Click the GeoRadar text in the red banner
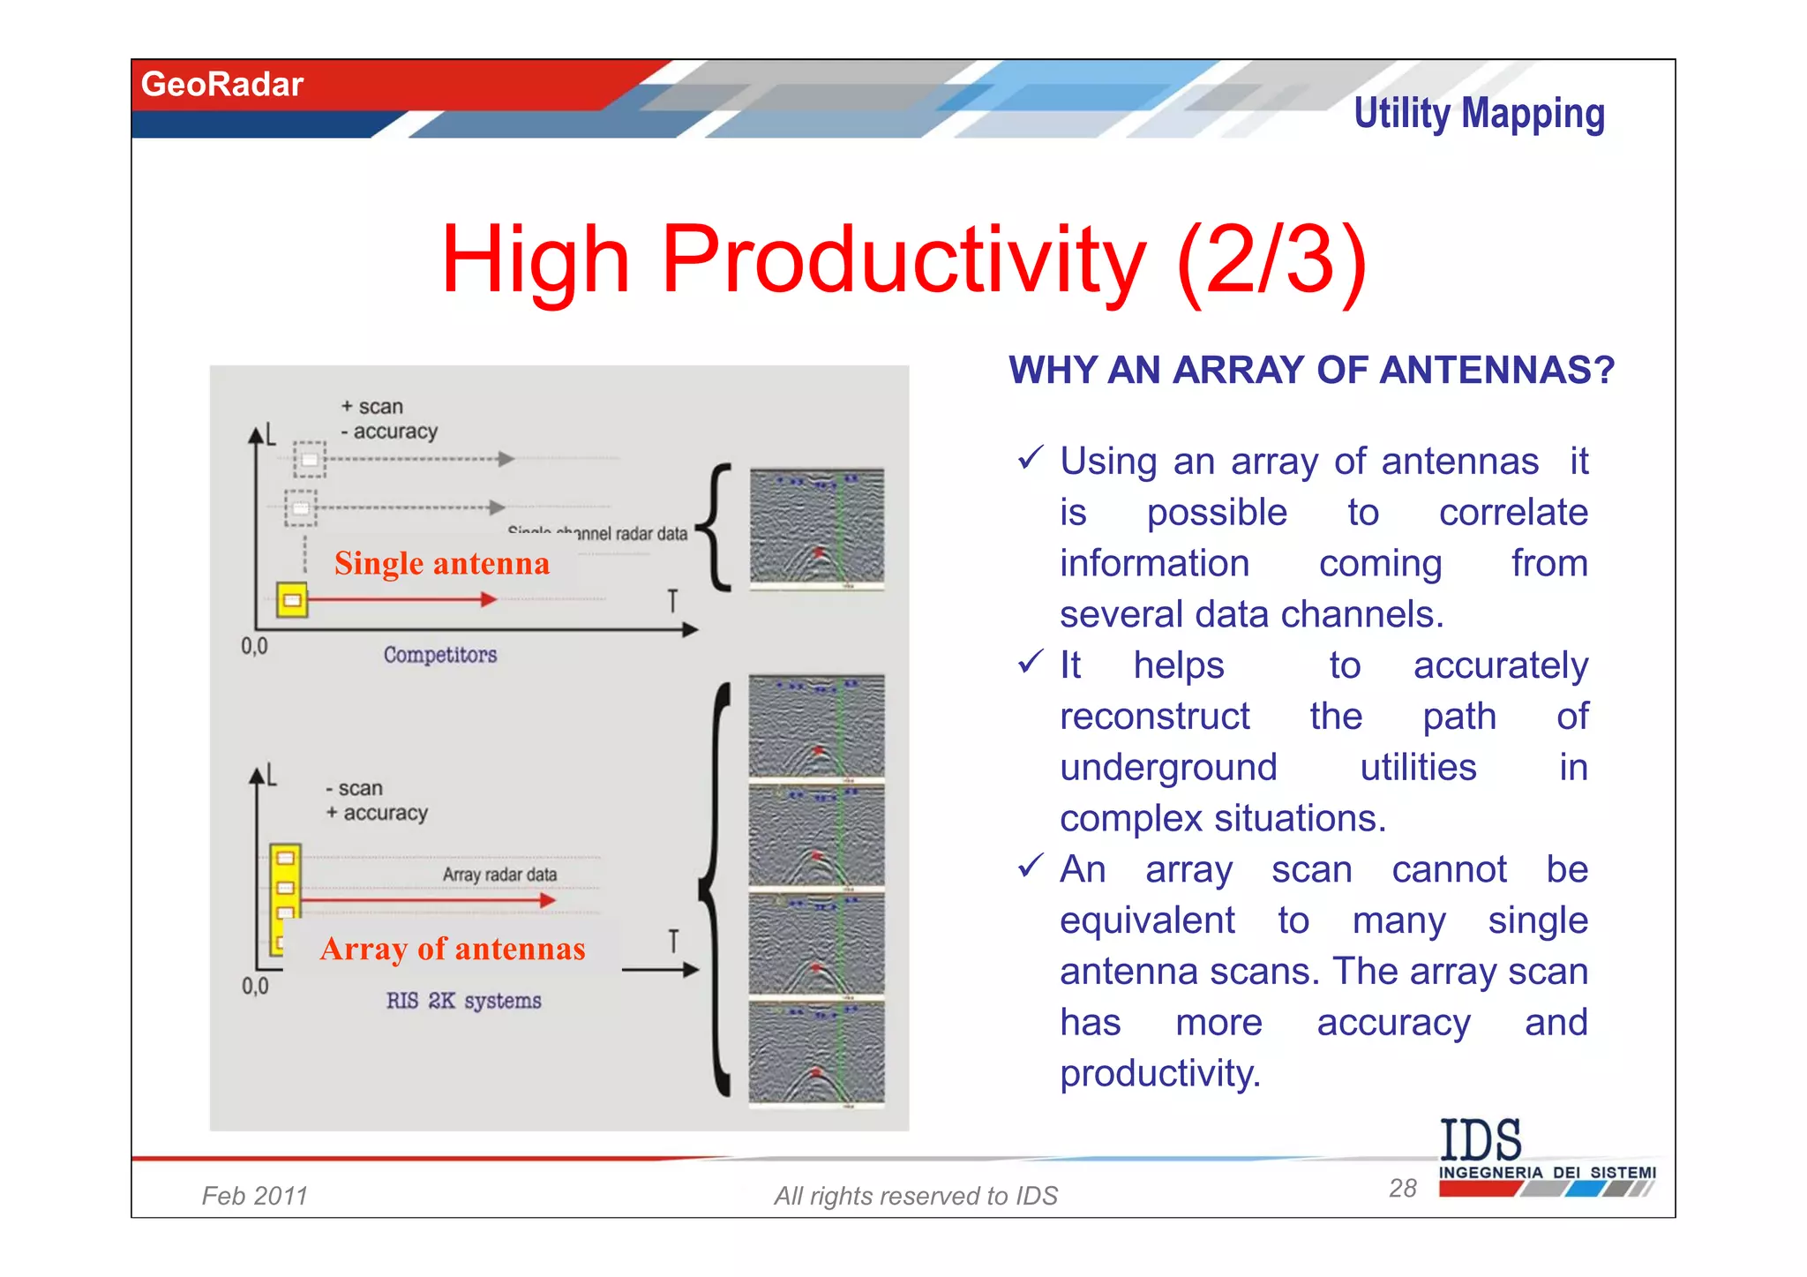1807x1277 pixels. [x=221, y=85]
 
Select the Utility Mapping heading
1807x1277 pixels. [x=1479, y=114]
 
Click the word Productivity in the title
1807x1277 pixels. [x=903, y=259]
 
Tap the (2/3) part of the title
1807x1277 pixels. [x=1271, y=259]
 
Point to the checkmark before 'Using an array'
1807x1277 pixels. [x=1030, y=458]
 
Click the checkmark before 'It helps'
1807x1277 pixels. [x=1030, y=662]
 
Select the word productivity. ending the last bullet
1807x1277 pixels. [x=1159, y=1073]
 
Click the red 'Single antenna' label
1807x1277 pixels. [x=441, y=563]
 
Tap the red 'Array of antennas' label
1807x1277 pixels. [x=452, y=949]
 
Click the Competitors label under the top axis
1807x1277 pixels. [x=439, y=655]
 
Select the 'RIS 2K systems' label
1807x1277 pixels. [x=463, y=1001]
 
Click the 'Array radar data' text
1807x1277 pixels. [x=499, y=875]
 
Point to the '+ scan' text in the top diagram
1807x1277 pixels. [x=372, y=407]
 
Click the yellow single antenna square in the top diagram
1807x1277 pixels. [x=292, y=600]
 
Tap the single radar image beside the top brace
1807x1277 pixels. [x=816, y=528]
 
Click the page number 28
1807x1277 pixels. [x=1402, y=1188]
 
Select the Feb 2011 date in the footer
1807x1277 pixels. [x=254, y=1196]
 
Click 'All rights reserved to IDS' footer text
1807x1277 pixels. [x=915, y=1196]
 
